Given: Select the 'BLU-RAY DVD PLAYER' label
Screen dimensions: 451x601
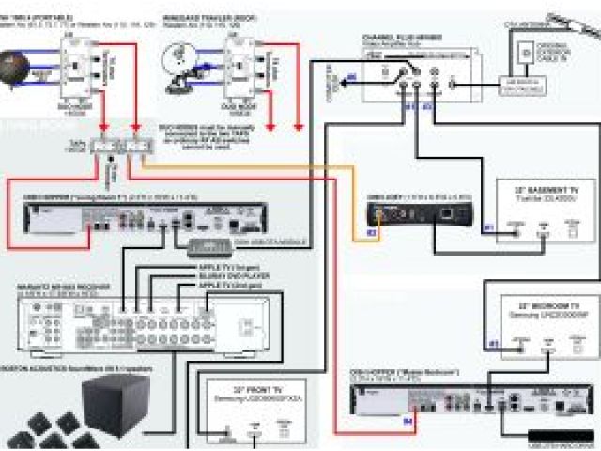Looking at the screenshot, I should (x=229, y=275).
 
